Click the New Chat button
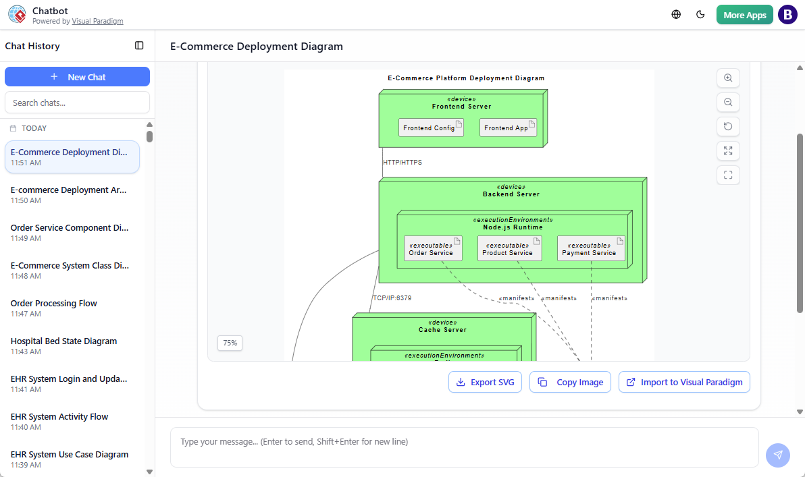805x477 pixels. tap(77, 77)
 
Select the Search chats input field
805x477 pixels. tap(77, 103)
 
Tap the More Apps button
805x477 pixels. tap(744, 15)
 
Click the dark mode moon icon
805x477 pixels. tap(700, 15)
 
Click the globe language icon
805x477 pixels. tap(676, 15)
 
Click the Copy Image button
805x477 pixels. tap(571, 382)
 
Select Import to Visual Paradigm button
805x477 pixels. tap(684, 382)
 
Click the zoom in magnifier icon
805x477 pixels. tap(728, 78)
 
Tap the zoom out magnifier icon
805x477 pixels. tap(728, 103)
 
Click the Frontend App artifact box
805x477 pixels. tap(508, 128)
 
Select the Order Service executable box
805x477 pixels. tap(433, 249)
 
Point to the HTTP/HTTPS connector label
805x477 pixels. tap(402, 163)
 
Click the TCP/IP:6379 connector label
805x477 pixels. tap(392, 298)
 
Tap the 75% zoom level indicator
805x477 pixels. tap(230, 343)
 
